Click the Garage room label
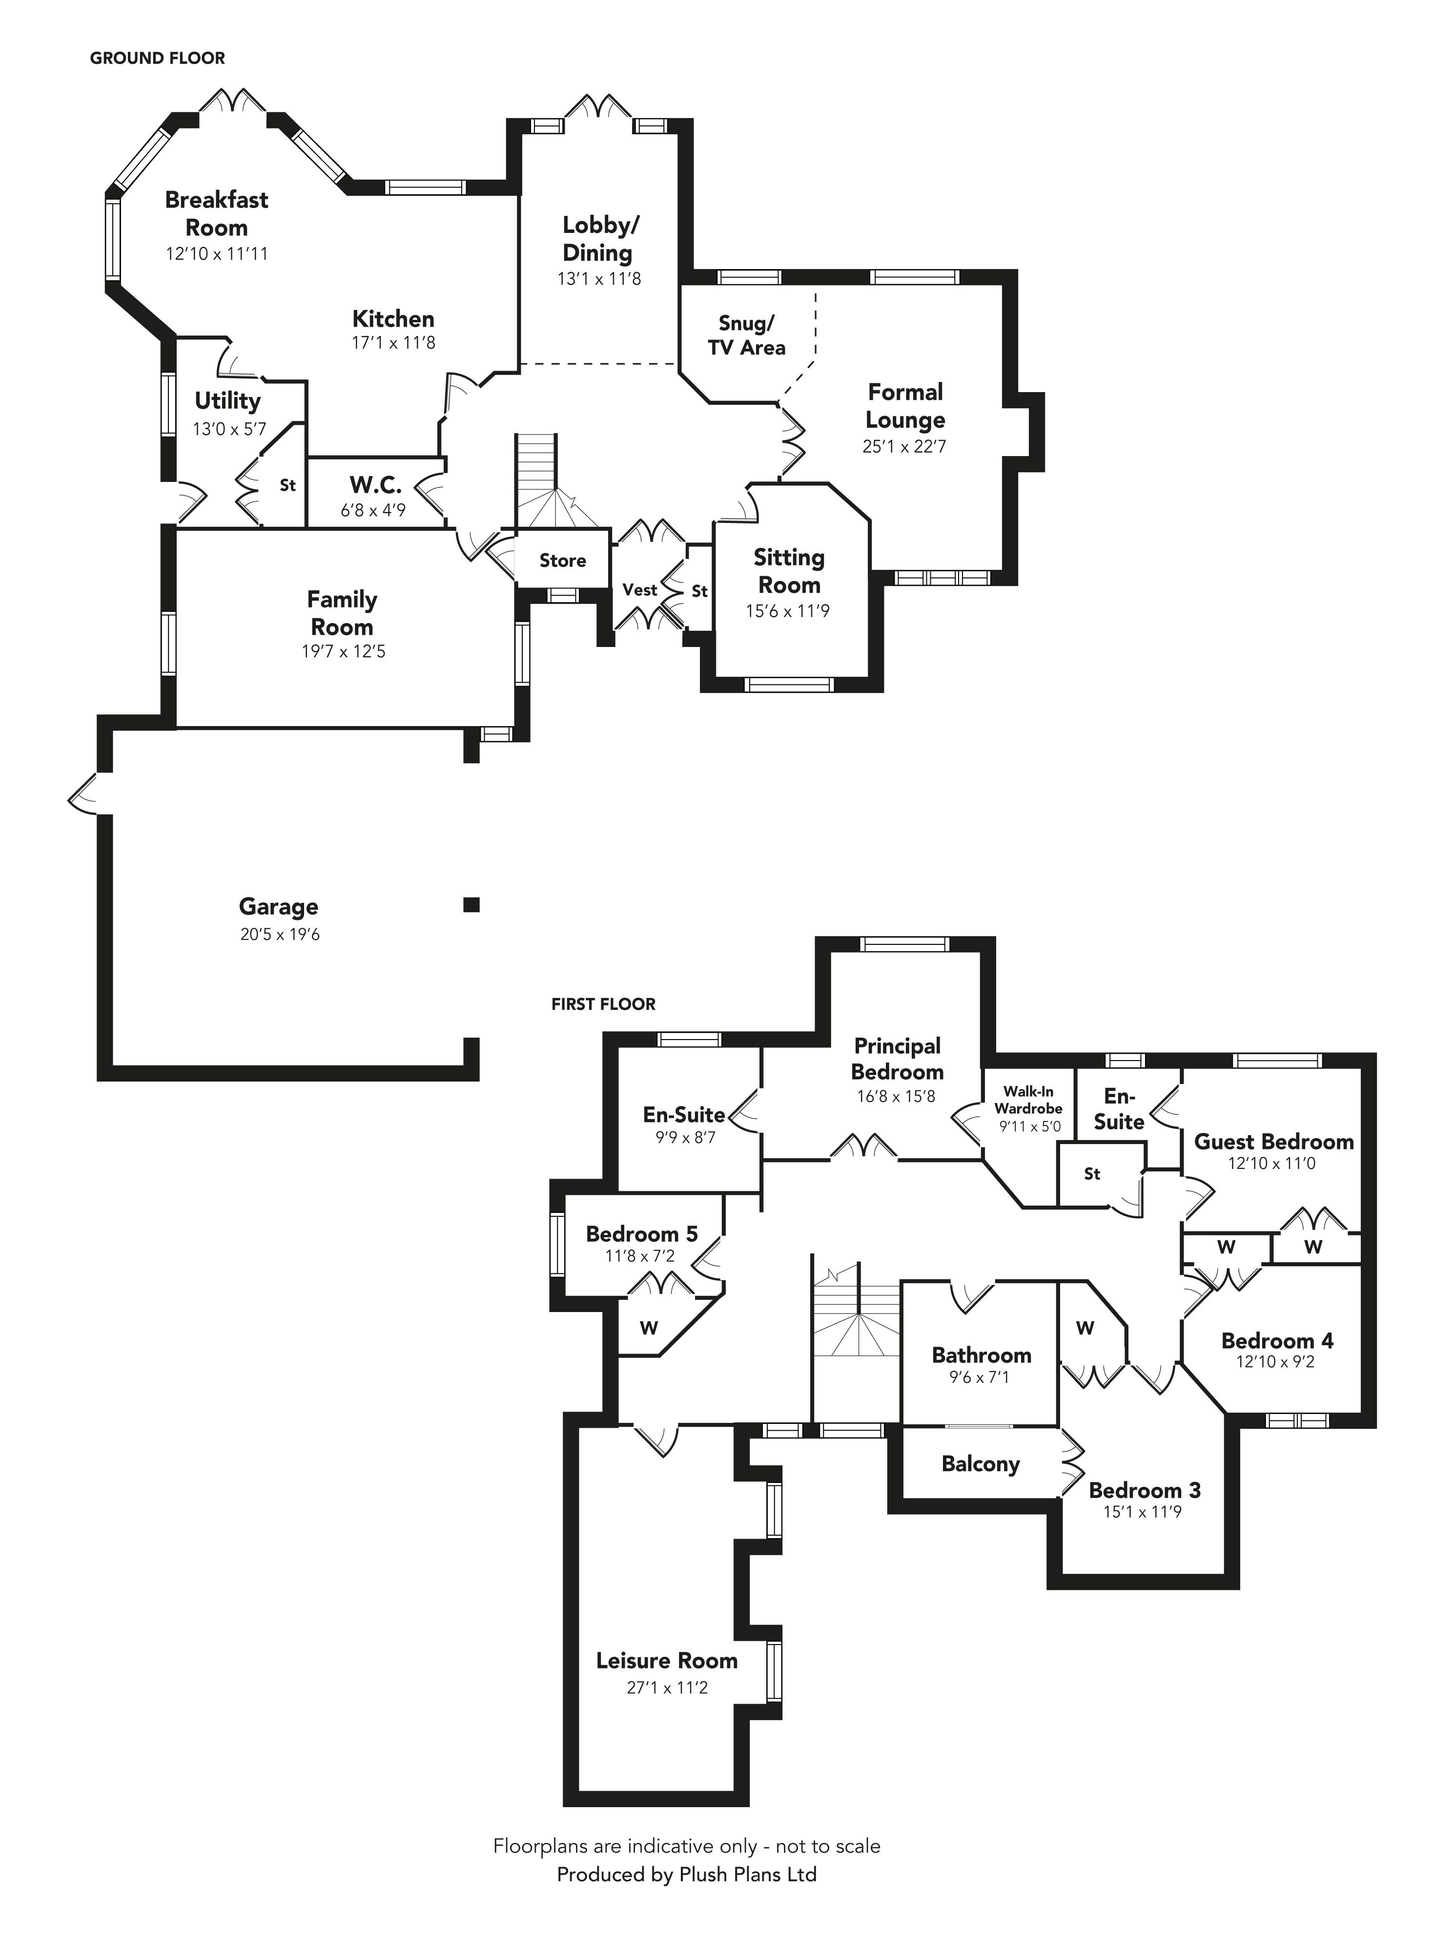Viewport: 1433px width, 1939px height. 278,907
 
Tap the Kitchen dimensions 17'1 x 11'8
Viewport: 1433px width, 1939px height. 393,343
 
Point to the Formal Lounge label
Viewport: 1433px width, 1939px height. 905,406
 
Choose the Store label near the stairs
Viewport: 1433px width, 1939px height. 562,561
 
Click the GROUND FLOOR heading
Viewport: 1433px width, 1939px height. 157,58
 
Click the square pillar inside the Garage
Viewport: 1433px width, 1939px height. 471,905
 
